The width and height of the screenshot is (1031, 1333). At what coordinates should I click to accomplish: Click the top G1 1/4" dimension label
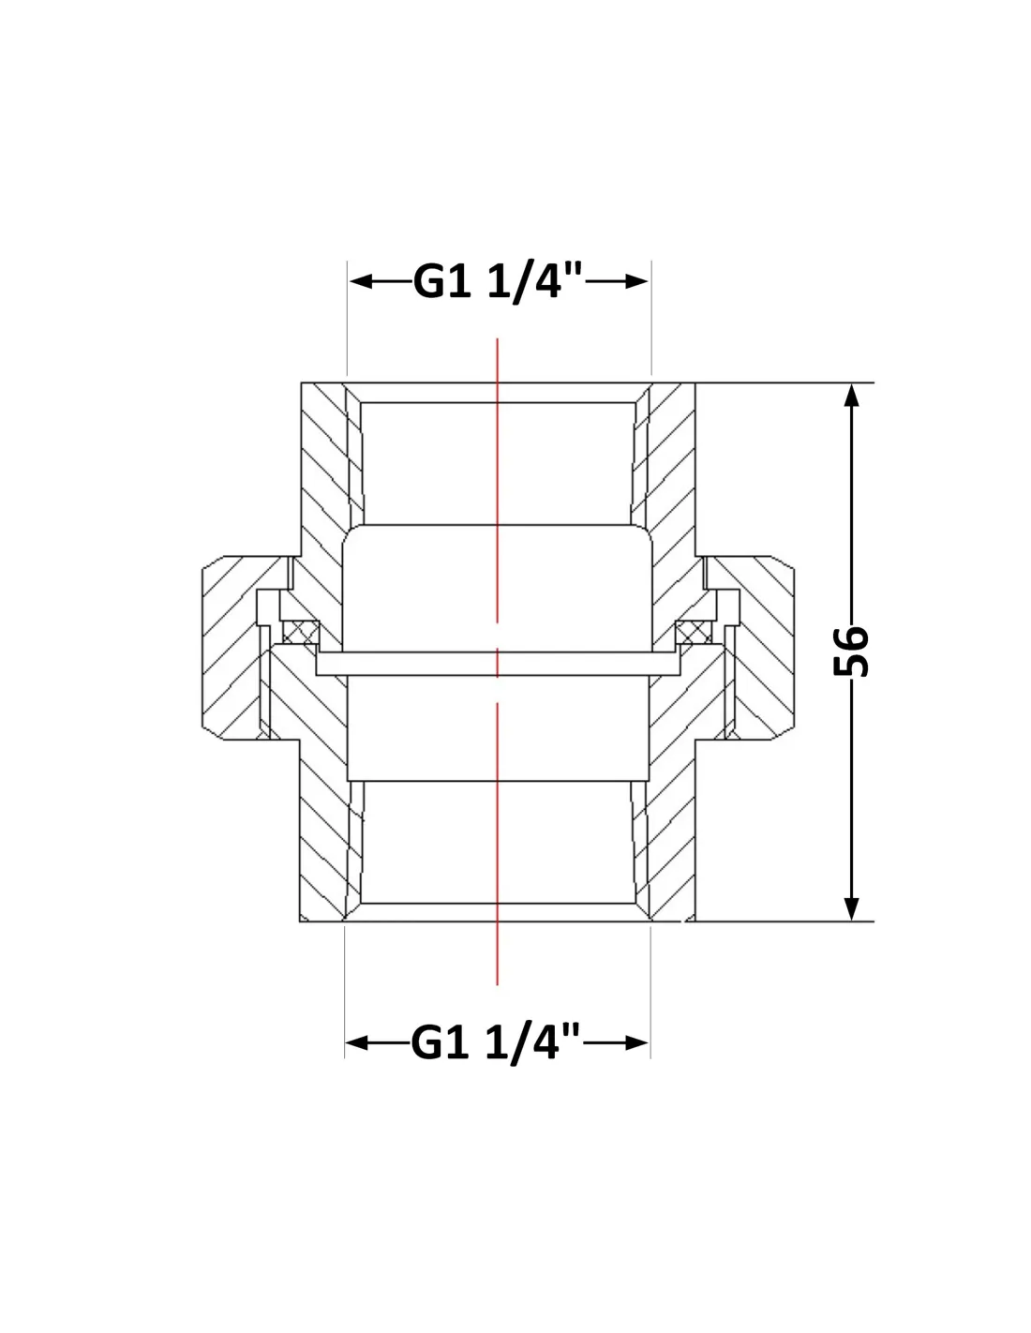pyautogui.click(x=498, y=282)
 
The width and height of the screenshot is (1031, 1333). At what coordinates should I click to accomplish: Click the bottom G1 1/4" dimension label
pyautogui.click(x=495, y=1042)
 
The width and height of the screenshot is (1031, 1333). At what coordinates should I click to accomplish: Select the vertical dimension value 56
pyautogui.click(x=851, y=651)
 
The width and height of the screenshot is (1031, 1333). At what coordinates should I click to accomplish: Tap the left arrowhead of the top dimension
pyautogui.click(x=361, y=282)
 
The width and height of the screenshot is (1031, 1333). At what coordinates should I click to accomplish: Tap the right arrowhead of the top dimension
pyautogui.click(x=636, y=282)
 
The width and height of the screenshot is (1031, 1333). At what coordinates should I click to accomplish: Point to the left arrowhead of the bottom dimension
pyautogui.click(x=357, y=1042)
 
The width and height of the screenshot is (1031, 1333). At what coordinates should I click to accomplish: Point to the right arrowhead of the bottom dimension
pyautogui.click(x=636, y=1042)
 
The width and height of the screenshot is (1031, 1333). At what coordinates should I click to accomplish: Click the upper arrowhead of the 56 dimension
pyautogui.click(x=851, y=395)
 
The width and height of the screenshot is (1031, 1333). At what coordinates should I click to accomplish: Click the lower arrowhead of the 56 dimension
pyautogui.click(x=851, y=909)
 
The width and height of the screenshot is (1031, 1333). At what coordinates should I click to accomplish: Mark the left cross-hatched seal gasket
pyautogui.click(x=301, y=632)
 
